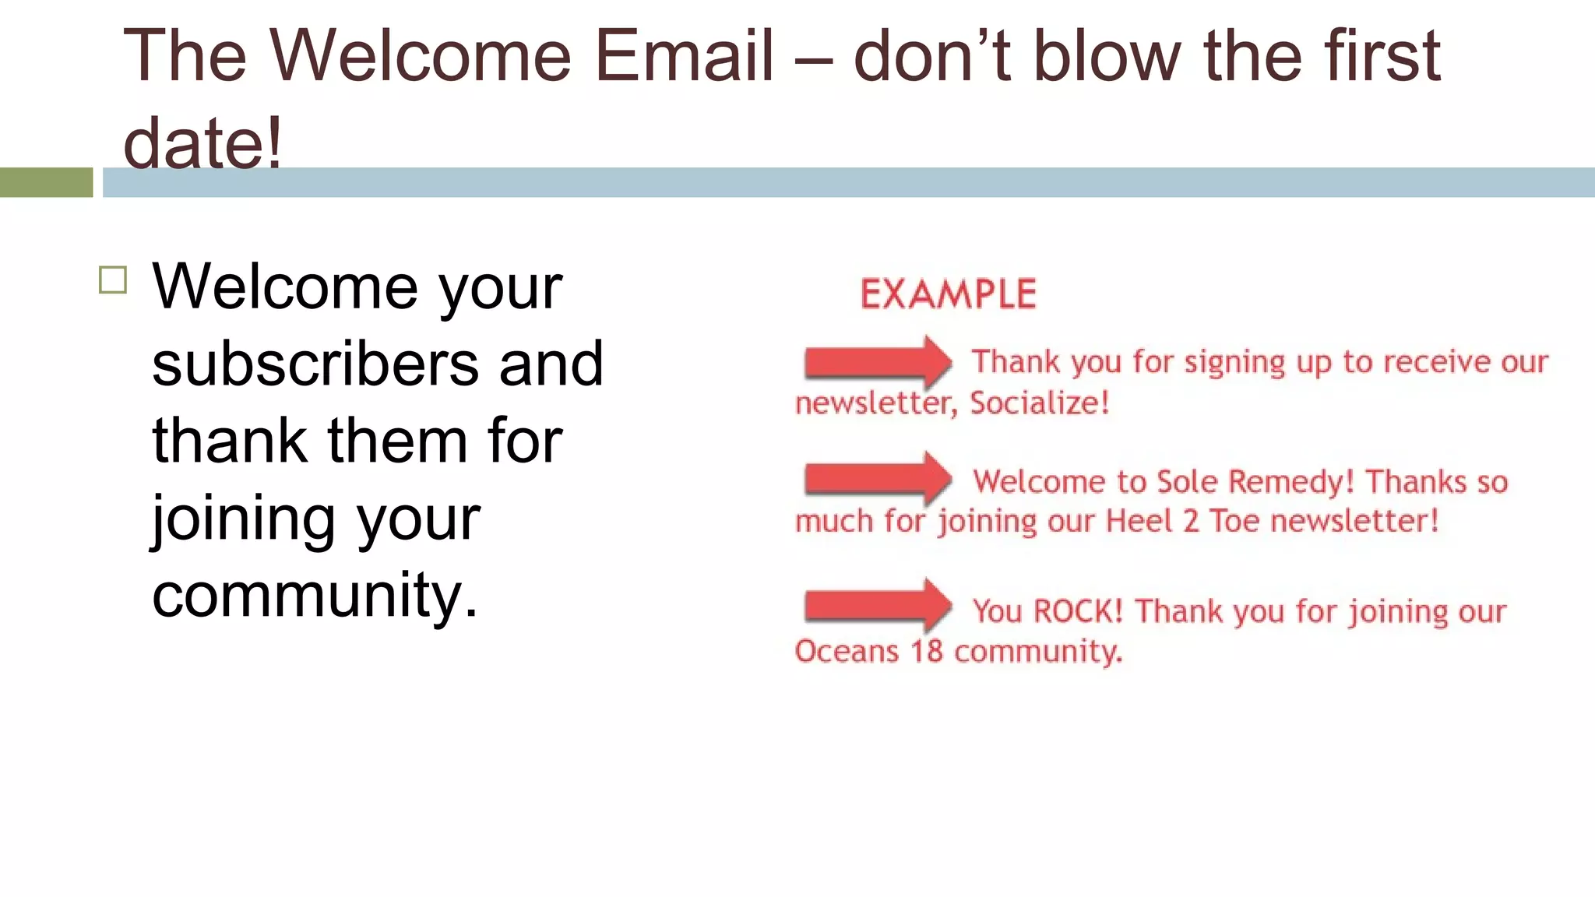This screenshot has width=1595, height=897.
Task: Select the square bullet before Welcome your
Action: click(113, 280)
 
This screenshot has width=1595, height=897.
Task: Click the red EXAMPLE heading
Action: click(948, 294)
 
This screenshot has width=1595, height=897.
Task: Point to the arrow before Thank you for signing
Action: click(877, 362)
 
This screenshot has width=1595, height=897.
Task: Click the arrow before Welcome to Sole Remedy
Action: click(877, 478)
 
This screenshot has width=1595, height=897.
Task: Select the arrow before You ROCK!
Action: click(877, 605)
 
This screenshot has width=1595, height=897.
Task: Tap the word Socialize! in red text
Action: click(1039, 403)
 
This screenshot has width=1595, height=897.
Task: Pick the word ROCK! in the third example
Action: click(1078, 611)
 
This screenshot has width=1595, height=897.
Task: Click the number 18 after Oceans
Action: click(926, 651)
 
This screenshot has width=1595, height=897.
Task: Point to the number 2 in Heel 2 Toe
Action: click(1191, 521)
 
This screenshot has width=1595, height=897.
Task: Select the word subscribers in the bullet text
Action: click(315, 364)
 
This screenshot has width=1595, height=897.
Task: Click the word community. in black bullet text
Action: click(315, 595)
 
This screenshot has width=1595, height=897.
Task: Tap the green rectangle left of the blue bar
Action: click(46, 182)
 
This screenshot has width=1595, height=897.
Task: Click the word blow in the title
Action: click(1107, 56)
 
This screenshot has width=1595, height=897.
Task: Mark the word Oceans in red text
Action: click(847, 651)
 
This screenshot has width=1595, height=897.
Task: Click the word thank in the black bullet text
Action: click(230, 441)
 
